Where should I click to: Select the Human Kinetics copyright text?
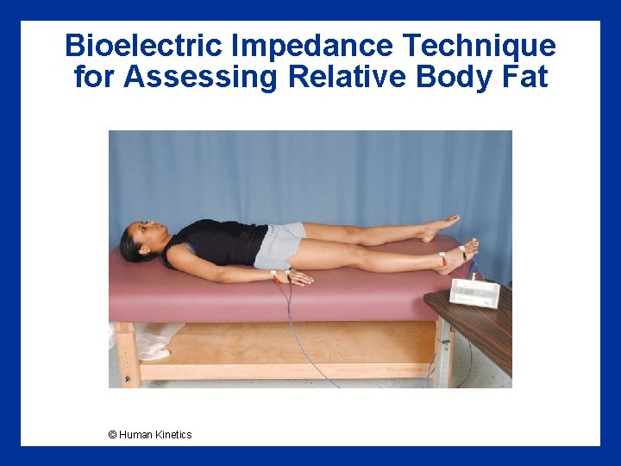click(150, 434)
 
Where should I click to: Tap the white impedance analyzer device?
click(475, 293)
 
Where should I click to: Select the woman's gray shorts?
click(278, 245)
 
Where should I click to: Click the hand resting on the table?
click(298, 278)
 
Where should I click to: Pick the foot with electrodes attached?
click(461, 256)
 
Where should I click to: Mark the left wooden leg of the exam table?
click(128, 354)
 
